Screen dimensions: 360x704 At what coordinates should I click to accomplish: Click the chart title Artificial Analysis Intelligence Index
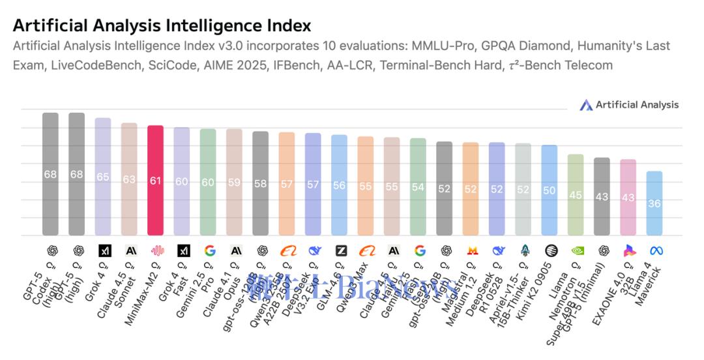pos(162,25)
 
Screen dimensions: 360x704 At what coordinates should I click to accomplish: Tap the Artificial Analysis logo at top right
pos(628,105)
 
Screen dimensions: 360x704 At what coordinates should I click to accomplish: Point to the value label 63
pos(129,179)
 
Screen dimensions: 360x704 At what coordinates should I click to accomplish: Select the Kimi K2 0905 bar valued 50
pos(550,190)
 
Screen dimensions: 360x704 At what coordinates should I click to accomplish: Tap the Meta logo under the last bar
pos(655,250)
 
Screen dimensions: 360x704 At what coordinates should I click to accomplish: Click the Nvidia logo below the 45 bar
pos(576,250)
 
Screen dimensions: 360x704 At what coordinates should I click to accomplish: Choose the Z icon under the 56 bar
pos(340,250)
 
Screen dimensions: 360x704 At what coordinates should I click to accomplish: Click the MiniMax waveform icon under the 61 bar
pos(156,250)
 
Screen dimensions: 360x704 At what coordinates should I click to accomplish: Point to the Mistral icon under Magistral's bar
pos(471,250)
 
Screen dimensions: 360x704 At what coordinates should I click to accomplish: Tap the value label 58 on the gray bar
pos(261,183)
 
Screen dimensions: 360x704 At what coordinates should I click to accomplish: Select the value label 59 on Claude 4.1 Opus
pos(234,183)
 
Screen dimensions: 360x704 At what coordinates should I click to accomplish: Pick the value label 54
pos(418,187)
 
